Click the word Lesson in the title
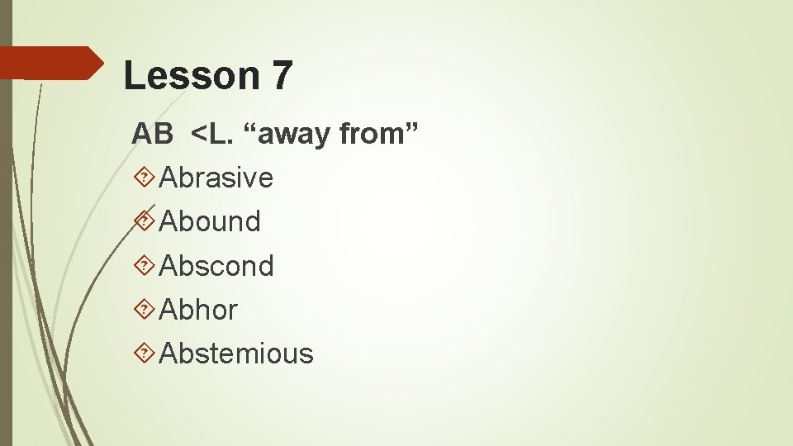click(190, 76)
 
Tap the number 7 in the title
click(281, 76)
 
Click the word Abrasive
click(216, 178)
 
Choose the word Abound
click(210, 221)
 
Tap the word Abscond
click(216, 266)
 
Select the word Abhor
click(198, 310)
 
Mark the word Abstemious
click(236, 353)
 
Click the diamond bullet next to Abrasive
click(144, 178)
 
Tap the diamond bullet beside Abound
click(144, 221)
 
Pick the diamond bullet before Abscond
click(144, 266)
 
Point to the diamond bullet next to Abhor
click(144, 310)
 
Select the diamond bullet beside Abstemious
click(144, 353)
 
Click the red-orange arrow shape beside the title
click(50, 63)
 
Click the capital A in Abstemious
click(169, 353)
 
